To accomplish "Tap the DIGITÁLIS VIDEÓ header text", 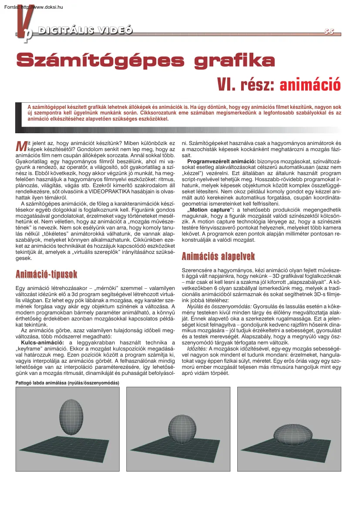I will [x=85, y=30].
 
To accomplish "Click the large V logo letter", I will [x=22, y=24].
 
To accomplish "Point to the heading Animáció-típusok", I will [x=46, y=274].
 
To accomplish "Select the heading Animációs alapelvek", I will [x=218, y=256].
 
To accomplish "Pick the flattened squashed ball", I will [x=292, y=434].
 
